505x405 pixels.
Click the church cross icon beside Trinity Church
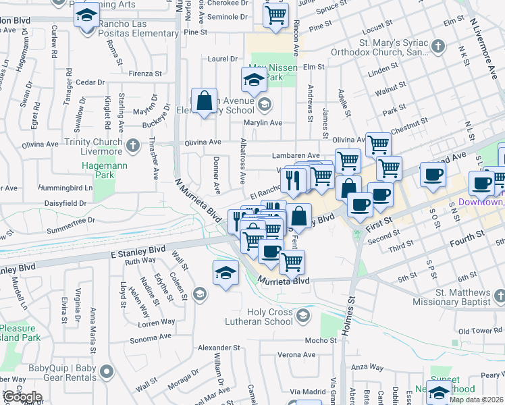133,145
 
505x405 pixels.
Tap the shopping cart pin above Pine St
275,16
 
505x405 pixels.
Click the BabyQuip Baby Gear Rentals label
63,373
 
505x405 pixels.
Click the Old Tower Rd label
481,331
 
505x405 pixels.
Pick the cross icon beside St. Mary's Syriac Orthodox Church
438,47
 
